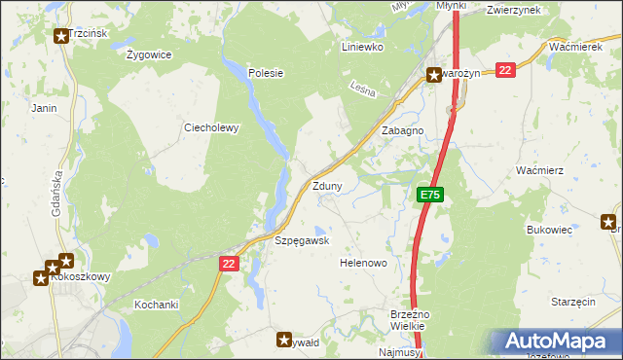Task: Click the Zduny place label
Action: pyautogui.click(x=326, y=186)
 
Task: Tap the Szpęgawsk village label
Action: pyautogui.click(x=302, y=240)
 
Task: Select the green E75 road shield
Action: pyautogui.click(x=431, y=196)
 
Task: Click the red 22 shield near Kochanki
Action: pyautogui.click(x=229, y=263)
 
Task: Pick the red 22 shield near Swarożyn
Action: pyautogui.click(x=504, y=70)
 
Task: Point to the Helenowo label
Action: pyautogui.click(x=364, y=264)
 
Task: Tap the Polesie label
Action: pyautogui.click(x=265, y=72)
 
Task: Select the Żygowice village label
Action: pyautogui.click(x=149, y=54)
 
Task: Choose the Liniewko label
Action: pyautogui.click(x=363, y=46)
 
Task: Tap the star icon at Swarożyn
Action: pyautogui.click(x=434, y=74)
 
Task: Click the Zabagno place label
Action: pyautogui.click(x=402, y=130)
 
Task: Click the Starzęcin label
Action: pyautogui.click(x=572, y=303)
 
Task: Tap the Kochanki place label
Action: pyautogui.click(x=157, y=305)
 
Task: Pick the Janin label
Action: pyautogui.click(x=44, y=108)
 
